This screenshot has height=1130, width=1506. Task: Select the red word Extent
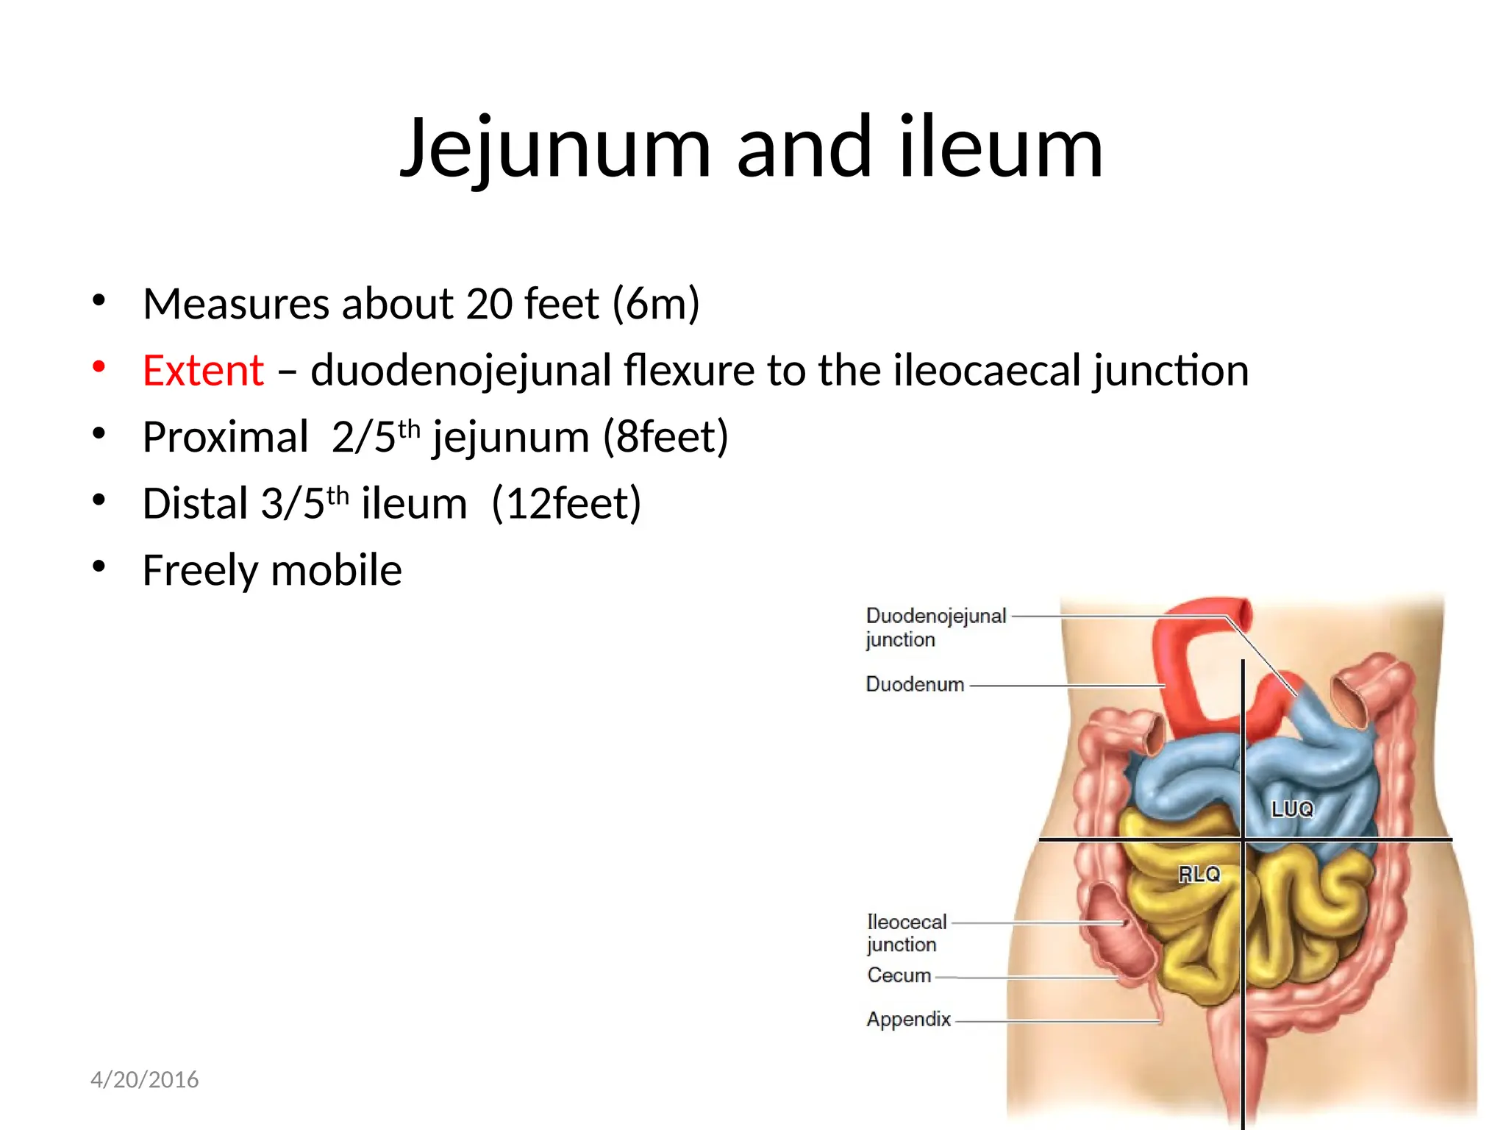pos(203,370)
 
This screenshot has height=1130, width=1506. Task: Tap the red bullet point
pos(99,366)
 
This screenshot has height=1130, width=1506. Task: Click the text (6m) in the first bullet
pos(656,304)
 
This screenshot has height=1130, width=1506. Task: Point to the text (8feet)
pos(665,437)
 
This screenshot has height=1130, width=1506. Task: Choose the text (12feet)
pos(566,504)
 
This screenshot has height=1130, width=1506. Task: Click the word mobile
pos(337,570)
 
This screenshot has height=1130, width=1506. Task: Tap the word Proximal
pos(225,437)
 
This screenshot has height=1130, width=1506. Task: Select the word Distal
pos(195,504)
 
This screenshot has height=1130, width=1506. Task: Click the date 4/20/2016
pos(144,1079)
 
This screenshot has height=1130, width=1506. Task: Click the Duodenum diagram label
pos(915,684)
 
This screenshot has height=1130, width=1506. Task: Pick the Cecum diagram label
pos(899,976)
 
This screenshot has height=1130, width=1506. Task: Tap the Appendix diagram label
pos(908,1020)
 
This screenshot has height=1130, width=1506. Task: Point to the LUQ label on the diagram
pos(1292,809)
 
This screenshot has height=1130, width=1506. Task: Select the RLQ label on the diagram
pos(1199,874)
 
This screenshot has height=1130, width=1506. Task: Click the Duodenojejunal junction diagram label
pos(935,627)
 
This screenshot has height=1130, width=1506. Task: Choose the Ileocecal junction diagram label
pos(906,933)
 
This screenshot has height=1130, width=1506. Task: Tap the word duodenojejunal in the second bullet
pos(461,370)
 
